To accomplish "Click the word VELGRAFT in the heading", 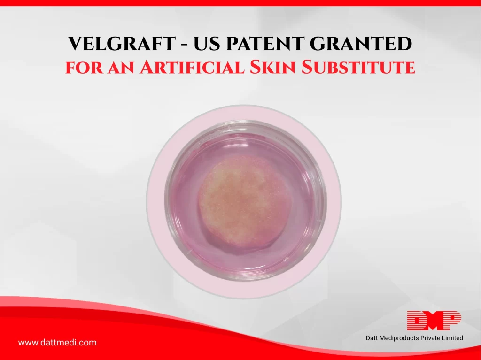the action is pos(122,44).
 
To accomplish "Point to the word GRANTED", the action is pos(361,44).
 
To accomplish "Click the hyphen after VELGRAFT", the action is pos(184,45).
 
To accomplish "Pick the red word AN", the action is pos(121,68).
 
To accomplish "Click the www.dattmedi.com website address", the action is pos(57,343).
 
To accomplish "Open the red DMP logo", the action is pos(434,321).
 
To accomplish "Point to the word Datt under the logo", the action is pos(372,338).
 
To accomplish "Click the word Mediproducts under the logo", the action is pos(399,338).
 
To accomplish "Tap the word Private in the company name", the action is pos(430,338).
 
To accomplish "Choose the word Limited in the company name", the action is pos(452,338).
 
